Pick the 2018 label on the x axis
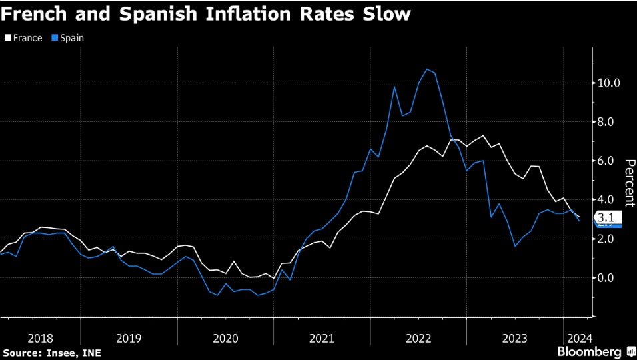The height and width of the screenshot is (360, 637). [x=41, y=338]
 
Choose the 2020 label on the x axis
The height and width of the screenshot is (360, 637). [x=225, y=338]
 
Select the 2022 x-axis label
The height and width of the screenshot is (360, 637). [x=418, y=338]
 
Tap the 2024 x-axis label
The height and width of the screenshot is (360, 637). [x=577, y=338]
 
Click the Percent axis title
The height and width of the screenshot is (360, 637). [x=629, y=182]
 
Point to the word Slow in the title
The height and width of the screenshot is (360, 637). [x=386, y=14]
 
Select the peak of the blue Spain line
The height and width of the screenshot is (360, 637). [x=426, y=69]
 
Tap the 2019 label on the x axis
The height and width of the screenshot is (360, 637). [x=129, y=338]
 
